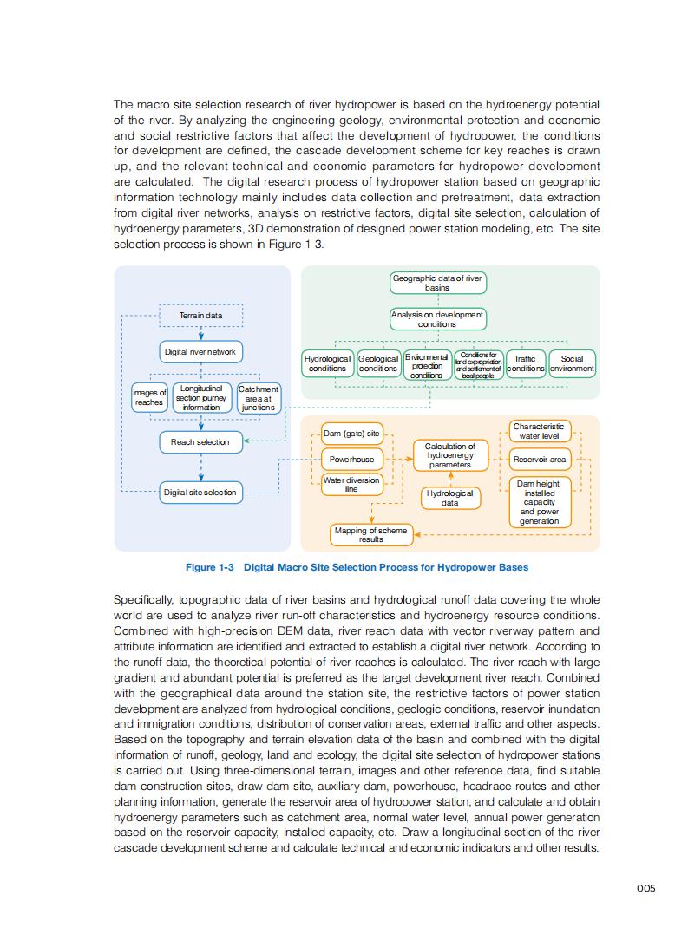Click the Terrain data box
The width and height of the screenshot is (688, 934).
coord(200,316)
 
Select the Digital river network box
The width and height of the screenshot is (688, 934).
coord(200,352)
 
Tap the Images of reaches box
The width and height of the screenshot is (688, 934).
coord(149,397)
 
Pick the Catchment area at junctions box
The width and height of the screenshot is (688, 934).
coord(259,398)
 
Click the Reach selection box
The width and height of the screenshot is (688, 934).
coord(200,442)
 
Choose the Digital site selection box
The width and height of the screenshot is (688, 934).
coord(200,493)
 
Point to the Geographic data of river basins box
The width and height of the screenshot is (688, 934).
coord(437,283)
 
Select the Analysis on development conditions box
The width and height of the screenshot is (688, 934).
coord(437,319)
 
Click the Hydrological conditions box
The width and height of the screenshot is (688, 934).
coord(327,363)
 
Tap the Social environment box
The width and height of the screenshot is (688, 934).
coord(573,363)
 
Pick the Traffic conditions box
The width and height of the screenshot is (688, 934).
coord(525,363)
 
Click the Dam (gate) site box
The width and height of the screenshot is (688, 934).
coord(351,433)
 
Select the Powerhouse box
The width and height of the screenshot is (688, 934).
coord(351,459)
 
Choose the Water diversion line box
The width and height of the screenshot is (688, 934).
coord(351,484)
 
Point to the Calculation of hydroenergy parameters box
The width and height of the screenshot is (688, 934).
coord(450,455)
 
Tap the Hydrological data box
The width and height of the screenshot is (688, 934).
coord(450,498)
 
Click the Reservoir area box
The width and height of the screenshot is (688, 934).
coord(540,459)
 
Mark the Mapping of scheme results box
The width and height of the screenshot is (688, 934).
coord(371,534)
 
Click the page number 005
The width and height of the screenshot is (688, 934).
coord(645,887)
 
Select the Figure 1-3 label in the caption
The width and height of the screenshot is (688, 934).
coord(210,567)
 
